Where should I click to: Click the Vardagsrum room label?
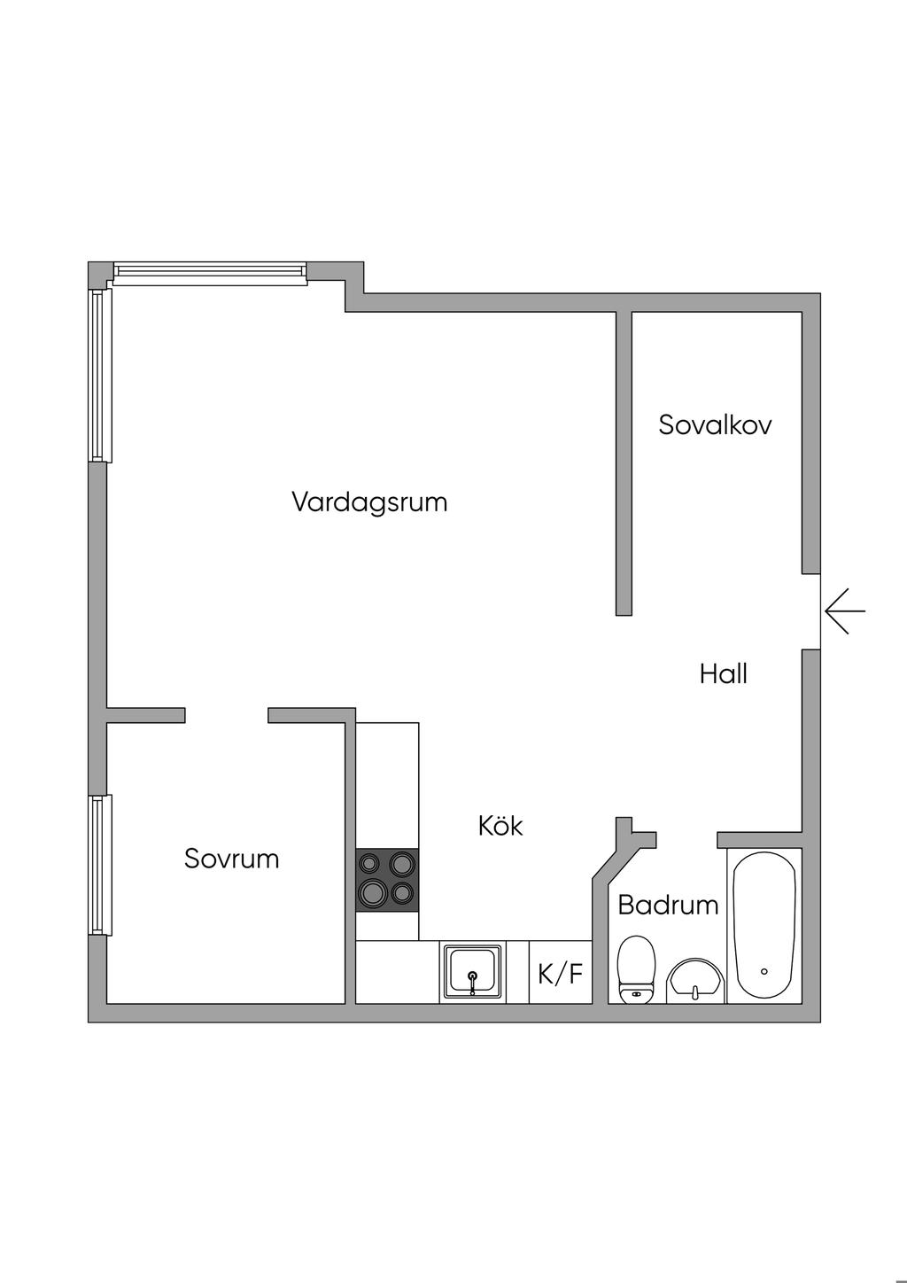[x=369, y=502]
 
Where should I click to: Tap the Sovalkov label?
[x=715, y=425]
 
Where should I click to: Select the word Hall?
[x=723, y=674]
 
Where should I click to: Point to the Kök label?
[x=500, y=826]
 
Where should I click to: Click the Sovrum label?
[x=231, y=859]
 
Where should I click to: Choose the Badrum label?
[x=668, y=906]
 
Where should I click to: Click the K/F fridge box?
[x=561, y=975]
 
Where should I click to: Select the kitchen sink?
[x=473, y=972]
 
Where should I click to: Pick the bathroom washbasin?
[x=695, y=982]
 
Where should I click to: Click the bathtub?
[x=764, y=925]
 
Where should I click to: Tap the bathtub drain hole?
[x=764, y=971]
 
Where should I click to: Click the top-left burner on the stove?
[x=370, y=861]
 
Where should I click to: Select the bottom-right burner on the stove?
[x=404, y=894]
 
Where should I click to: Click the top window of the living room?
[x=210, y=273]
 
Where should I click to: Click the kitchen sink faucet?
[x=473, y=980]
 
